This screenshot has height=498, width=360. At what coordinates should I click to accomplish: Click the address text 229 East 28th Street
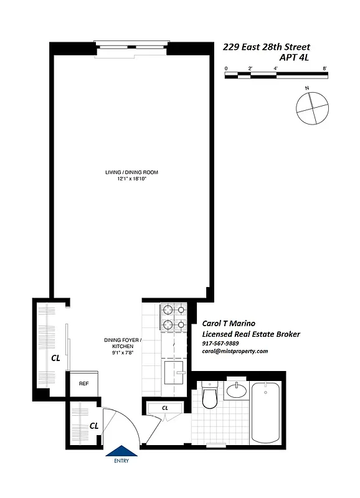(266, 47)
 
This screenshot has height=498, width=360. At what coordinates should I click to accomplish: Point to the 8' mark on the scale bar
(324, 68)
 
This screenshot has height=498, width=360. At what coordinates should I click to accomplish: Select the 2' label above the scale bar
(250, 68)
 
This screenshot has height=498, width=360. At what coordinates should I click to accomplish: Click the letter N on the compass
(307, 89)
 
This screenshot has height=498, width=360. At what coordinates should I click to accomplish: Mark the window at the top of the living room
(131, 45)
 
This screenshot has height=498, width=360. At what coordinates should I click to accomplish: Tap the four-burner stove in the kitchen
(173, 316)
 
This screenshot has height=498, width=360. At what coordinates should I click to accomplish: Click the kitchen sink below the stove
(173, 374)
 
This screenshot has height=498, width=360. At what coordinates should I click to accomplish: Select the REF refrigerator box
(83, 383)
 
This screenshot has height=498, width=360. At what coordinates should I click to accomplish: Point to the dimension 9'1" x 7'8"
(123, 354)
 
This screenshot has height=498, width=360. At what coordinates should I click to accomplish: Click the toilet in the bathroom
(209, 398)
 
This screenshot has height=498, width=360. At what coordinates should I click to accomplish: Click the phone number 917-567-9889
(220, 343)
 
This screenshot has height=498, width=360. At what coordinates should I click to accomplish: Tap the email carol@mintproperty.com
(235, 351)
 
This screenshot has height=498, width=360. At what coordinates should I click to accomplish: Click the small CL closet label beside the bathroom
(165, 408)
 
